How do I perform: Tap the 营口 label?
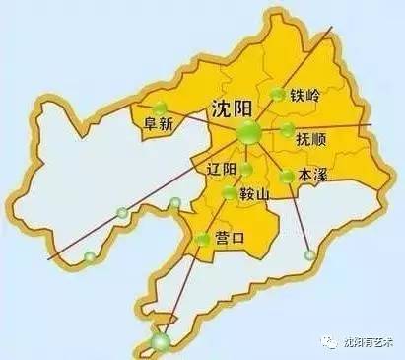[x=231, y=238]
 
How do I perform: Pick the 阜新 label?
[x=158, y=124]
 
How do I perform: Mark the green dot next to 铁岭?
[x=278, y=96]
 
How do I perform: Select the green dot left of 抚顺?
[x=287, y=130]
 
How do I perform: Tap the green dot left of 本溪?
[x=286, y=177]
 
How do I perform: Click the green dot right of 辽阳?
[x=246, y=170]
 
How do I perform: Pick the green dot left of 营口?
[x=202, y=238]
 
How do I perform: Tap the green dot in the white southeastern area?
[x=310, y=255]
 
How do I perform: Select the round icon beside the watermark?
[x=330, y=341]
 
